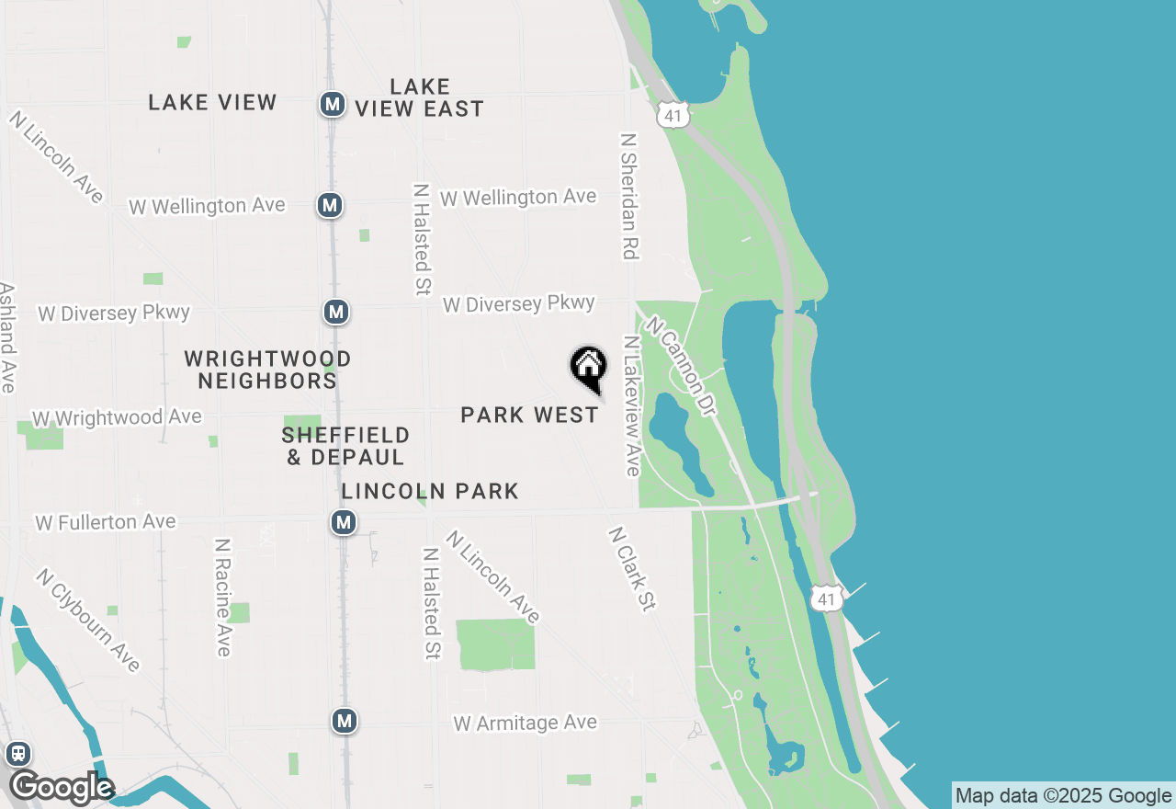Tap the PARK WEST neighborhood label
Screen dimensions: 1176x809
(x=529, y=416)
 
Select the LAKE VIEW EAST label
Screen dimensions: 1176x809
(x=419, y=97)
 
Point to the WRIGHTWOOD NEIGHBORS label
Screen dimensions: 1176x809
(x=267, y=370)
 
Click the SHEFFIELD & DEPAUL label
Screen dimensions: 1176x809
(x=345, y=446)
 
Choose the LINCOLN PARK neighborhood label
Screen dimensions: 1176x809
(x=430, y=492)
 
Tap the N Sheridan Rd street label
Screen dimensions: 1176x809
(x=629, y=197)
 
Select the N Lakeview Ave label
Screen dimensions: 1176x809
(x=631, y=405)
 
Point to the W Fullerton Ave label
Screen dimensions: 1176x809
(x=105, y=522)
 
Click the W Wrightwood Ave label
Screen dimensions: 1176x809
(x=117, y=418)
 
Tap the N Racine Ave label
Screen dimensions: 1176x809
(x=222, y=598)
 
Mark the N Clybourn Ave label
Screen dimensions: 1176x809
(x=88, y=620)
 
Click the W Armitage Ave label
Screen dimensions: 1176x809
(x=526, y=724)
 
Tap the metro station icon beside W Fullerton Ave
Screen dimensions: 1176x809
(x=344, y=523)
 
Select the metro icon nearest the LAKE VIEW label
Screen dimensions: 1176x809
(x=333, y=104)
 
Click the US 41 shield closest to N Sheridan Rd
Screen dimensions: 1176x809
(x=673, y=114)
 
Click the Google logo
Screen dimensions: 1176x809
(x=61, y=787)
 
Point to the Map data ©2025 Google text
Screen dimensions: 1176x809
(x=1063, y=796)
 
